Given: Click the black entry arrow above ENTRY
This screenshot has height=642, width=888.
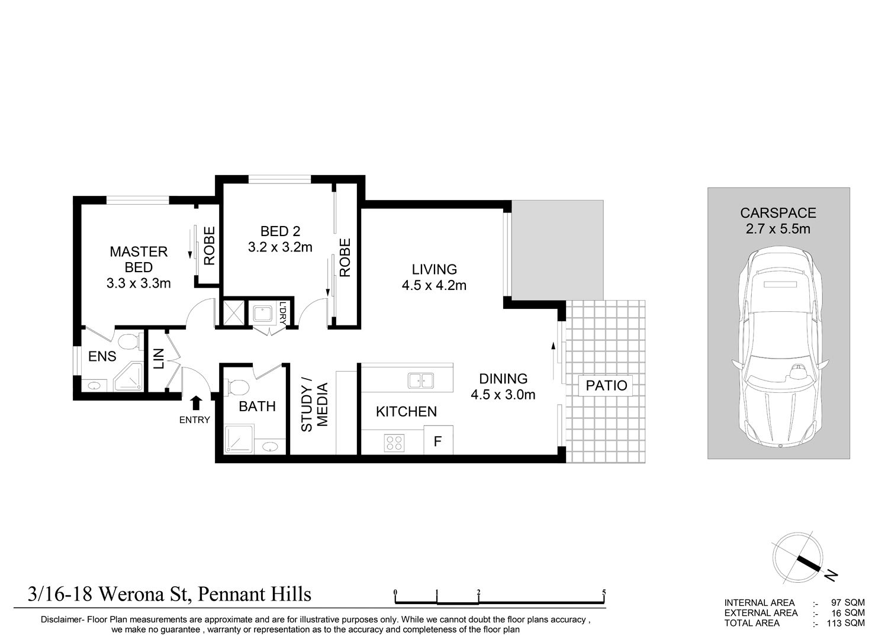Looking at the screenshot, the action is pos(196,403).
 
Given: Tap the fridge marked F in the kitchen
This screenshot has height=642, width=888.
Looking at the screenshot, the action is pos(438,440).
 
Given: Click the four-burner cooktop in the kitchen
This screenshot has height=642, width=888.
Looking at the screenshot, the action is pos(394,443).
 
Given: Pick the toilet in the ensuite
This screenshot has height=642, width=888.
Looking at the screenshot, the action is pos(129,341).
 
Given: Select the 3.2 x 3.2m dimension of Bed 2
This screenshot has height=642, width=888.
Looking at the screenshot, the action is pos(280,247).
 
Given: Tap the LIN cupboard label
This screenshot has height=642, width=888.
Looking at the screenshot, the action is pos(158,359).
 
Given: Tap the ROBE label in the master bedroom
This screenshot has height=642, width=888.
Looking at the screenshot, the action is pos(209,246).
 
